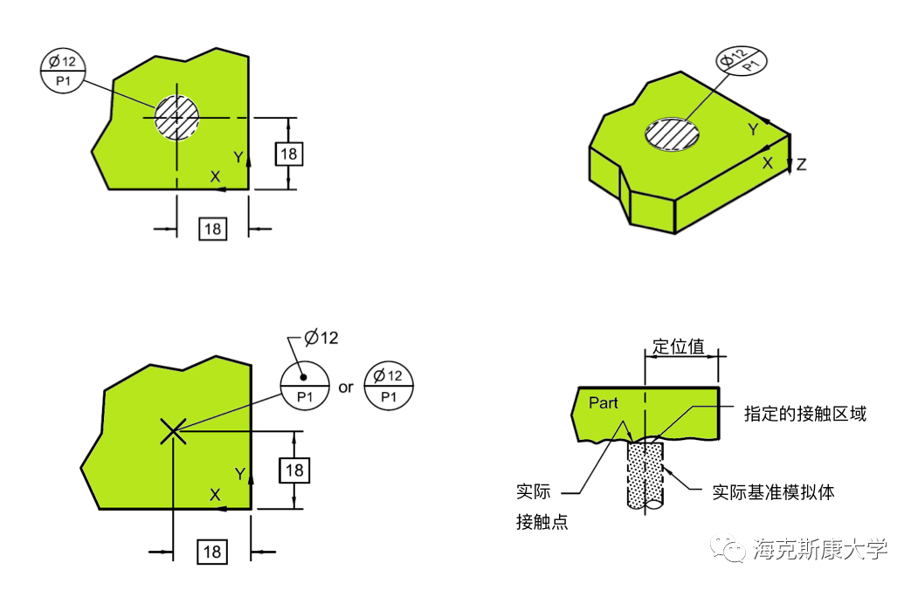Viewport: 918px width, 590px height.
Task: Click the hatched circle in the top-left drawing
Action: (177, 116)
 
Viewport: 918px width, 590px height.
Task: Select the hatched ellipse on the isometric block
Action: (673, 134)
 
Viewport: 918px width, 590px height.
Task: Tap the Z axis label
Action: (802, 164)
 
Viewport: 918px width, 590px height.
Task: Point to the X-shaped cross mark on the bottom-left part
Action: (173, 429)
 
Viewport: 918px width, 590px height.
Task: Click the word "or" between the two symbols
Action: (346, 387)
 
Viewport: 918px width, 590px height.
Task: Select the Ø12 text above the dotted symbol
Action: (321, 338)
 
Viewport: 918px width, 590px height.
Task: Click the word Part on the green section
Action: (604, 402)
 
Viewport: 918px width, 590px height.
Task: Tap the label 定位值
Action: (679, 346)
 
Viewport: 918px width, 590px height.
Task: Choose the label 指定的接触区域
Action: (804, 414)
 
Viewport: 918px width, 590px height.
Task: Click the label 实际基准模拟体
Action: (773, 492)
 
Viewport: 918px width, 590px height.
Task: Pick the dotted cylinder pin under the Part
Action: (645, 476)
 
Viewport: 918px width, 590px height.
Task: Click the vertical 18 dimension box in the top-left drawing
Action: (289, 154)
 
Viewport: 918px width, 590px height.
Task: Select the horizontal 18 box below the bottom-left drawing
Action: (212, 552)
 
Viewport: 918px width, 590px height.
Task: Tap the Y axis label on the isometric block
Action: (753, 129)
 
